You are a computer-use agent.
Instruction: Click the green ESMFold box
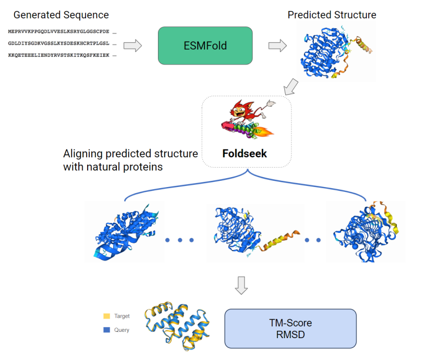pos(205,45)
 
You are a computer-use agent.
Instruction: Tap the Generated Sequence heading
pos(61,15)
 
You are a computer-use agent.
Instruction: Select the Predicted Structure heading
pos(332,15)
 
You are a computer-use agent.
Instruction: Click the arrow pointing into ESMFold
pos(132,45)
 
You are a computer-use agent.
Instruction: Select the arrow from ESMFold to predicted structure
pos(277,45)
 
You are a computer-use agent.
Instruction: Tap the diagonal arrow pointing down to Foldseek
pos(291,87)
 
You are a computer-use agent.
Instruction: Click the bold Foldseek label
pos(245,154)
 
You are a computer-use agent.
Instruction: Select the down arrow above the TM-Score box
pos(241,285)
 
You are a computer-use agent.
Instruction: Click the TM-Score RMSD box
pos(290,329)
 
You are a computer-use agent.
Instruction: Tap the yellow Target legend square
pos(107,316)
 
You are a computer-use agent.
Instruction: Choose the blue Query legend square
pos(107,330)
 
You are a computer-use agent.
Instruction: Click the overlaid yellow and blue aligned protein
pos(177,326)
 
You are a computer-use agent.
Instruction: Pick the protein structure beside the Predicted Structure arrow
pos(336,52)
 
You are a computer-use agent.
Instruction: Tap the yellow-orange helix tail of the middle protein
pos(278,240)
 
